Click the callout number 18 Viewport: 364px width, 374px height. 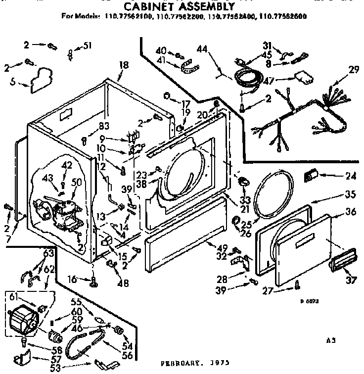124,64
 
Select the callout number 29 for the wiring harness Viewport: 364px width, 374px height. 354,70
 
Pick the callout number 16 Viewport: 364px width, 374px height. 73,280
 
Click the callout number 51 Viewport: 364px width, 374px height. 88,46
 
